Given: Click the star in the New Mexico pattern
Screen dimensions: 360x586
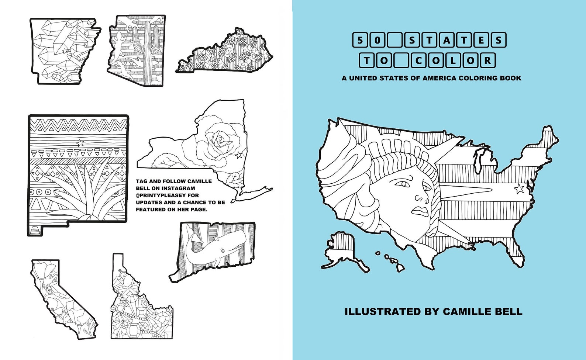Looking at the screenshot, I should [80, 143].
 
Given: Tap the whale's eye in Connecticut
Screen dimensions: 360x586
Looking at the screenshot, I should [223, 251].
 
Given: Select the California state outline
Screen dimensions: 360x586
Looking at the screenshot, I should [63, 299].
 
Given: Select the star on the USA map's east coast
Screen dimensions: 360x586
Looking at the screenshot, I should [519, 189].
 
